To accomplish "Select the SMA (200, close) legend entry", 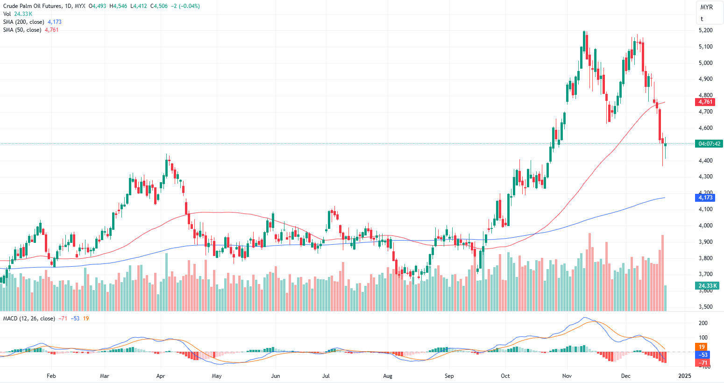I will click(23, 22).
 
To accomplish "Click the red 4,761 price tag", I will click(705, 102).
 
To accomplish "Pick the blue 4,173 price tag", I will click(705, 198).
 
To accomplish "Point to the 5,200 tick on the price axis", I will click(705, 30).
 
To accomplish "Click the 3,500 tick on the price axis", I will click(705, 307).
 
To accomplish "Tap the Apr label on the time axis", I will click(161, 376).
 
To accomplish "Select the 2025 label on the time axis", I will click(684, 376).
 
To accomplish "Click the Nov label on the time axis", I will click(567, 376).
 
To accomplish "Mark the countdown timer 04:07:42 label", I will click(709, 144).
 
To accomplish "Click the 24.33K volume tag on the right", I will click(708, 285).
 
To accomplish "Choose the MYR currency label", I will click(707, 7).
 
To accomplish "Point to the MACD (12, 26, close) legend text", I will click(29, 319).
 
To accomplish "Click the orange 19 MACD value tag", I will click(702, 347).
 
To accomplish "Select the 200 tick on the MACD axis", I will click(703, 323).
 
